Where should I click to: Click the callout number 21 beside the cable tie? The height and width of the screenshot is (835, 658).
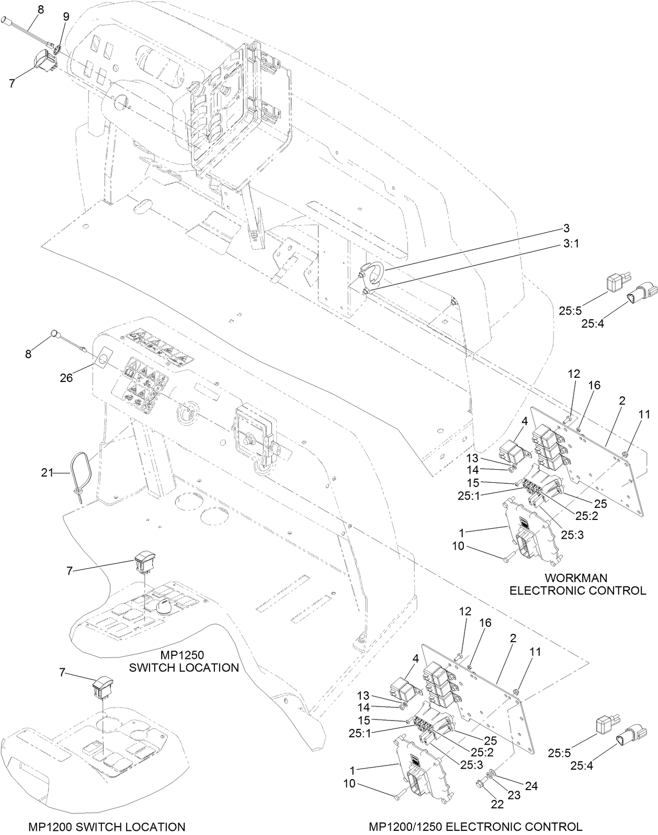click(x=48, y=473)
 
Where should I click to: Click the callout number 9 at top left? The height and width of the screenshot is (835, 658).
click(x=66, y=17)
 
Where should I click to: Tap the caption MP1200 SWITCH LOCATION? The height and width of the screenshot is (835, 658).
click(x=106, y=827)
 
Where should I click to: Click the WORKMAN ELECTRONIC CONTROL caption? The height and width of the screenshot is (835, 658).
click(x=577, y=584)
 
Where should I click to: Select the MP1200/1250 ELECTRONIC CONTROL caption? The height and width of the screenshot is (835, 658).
click(x=475, y=827)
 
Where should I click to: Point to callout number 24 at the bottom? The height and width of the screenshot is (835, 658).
click(x=531, y=786)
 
